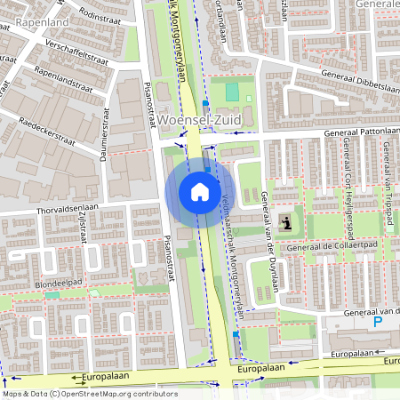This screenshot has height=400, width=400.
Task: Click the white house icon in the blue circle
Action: [x=200, y=191]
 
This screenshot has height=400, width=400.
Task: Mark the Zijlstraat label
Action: [x=81, y=229]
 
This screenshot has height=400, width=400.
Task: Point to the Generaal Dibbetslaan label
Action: [x=356, y=76]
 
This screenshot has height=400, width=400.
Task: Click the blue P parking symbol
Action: [x=377, y=323]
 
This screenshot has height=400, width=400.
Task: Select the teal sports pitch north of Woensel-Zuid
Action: [x=232, y=92]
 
